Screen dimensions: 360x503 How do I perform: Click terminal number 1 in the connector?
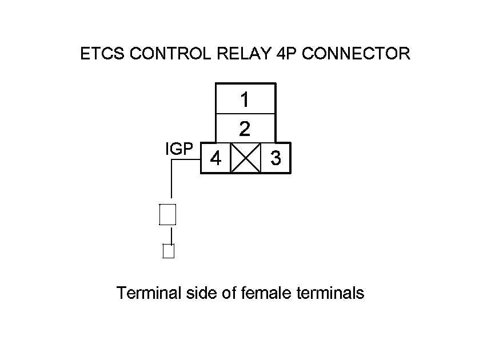pos(245,100)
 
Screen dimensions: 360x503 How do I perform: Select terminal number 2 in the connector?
pos(245,129)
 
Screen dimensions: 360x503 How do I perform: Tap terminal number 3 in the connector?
pos(276,158)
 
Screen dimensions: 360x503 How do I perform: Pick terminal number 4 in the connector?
pos(215,158)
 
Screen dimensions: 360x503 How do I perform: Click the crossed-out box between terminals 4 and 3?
pos(245,158)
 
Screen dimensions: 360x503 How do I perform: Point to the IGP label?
pos(178,150)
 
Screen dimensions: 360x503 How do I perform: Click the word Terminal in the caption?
pos(149,293)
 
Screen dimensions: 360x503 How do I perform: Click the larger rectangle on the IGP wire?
pos(167,214)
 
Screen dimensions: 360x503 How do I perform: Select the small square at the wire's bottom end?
pos(168,251)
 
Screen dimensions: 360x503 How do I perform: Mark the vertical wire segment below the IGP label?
pos(171,180)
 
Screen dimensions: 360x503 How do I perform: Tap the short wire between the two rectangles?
pos(170,234)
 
